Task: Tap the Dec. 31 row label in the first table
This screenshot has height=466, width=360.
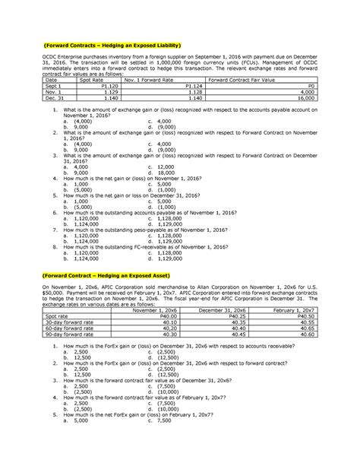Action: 54,98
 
